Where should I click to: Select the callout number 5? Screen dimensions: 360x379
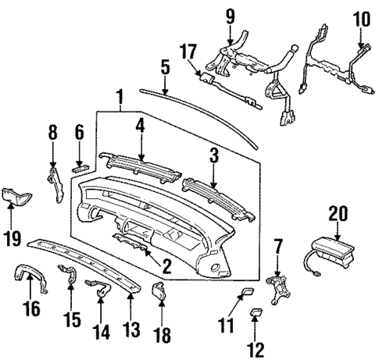(x=164, y=66)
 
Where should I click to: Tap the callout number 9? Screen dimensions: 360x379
(x=230, y=14)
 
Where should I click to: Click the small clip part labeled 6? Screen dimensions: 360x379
(x=80, y=166)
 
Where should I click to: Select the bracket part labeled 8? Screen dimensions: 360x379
(x=55, y=183)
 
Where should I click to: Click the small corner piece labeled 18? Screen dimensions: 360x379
(x=159, y=291)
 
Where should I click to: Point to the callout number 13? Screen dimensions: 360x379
(x=130, y=320)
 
